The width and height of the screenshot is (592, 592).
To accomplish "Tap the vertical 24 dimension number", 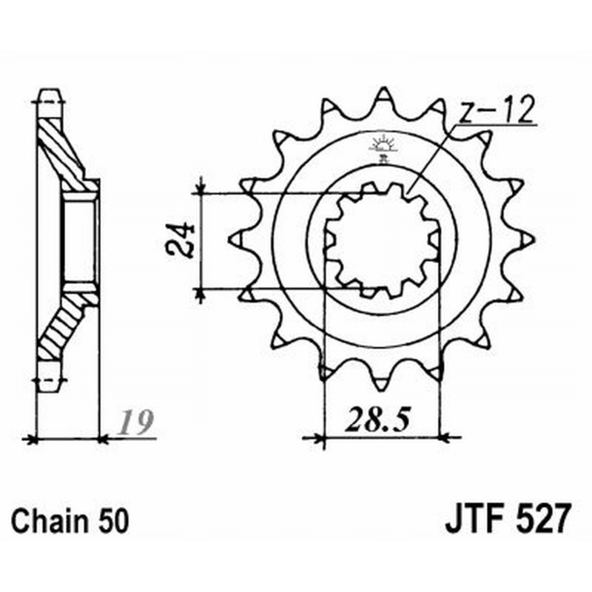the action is tap(180, 240).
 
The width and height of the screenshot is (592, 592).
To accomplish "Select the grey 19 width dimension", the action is tap(135, 421).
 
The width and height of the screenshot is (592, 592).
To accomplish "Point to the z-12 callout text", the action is tap(497, 110).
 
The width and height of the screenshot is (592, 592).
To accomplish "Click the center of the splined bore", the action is tap(381, 240).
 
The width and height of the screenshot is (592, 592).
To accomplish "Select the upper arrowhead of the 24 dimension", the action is tap(201, 185).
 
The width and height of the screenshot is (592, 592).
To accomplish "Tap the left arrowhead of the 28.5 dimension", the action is tap(314, 438).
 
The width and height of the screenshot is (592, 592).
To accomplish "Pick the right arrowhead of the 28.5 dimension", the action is tap(449, 438).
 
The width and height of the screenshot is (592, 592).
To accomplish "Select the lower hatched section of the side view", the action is tap(64, 325).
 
